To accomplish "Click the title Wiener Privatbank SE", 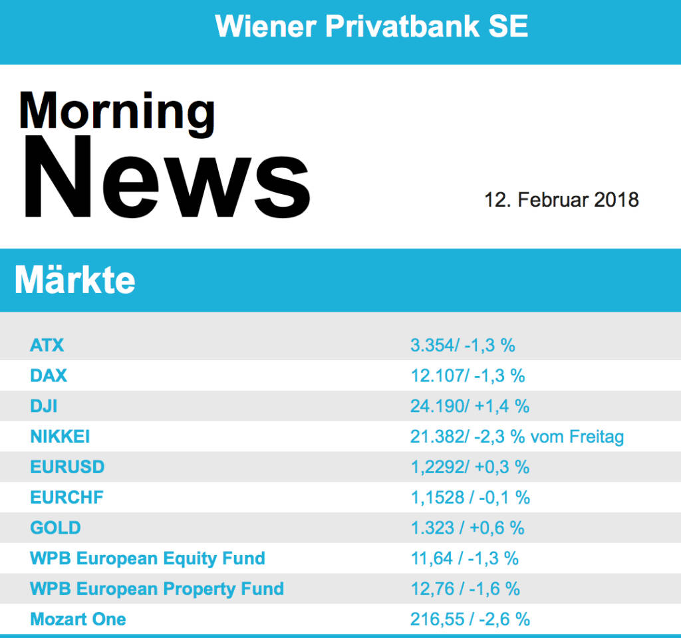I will (372, 27).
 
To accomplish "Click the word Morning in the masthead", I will (117, 112).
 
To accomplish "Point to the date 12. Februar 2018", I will (561, 199).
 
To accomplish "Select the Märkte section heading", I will (74, 280).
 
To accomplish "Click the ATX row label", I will (47, 345).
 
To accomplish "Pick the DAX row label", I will (49, 375).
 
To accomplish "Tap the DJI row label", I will (44, 406).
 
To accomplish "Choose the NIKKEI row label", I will (60, 437).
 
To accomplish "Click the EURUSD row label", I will (67, 467).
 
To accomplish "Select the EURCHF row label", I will (67, 497).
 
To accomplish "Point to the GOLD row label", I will (55, 528).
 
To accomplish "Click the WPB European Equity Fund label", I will (148, 558).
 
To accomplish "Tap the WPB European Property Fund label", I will (157, 589).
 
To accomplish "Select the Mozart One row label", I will (78, 619).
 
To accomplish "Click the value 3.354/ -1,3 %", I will (463, 345).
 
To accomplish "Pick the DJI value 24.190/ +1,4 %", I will (470, 406).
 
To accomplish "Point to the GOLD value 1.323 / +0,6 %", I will (468, 528).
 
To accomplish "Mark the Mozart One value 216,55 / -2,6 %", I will (470, 619).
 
